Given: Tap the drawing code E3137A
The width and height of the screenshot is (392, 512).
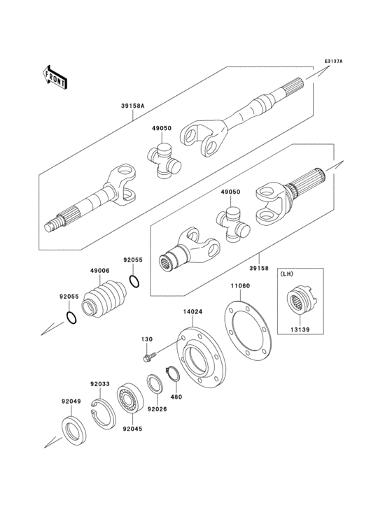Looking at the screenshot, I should tap(333, 61).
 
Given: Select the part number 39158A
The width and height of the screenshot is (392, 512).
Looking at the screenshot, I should tap(132, 106).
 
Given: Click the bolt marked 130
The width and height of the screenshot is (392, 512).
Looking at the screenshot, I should tap(147, 358).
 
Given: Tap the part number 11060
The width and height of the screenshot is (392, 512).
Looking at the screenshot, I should tap(239, 286).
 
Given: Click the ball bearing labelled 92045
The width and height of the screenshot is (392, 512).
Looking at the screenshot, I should tap(131, 398).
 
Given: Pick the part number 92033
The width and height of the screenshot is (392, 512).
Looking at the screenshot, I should tap(100, 383).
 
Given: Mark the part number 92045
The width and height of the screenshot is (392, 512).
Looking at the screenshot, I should tap(132, 429).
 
